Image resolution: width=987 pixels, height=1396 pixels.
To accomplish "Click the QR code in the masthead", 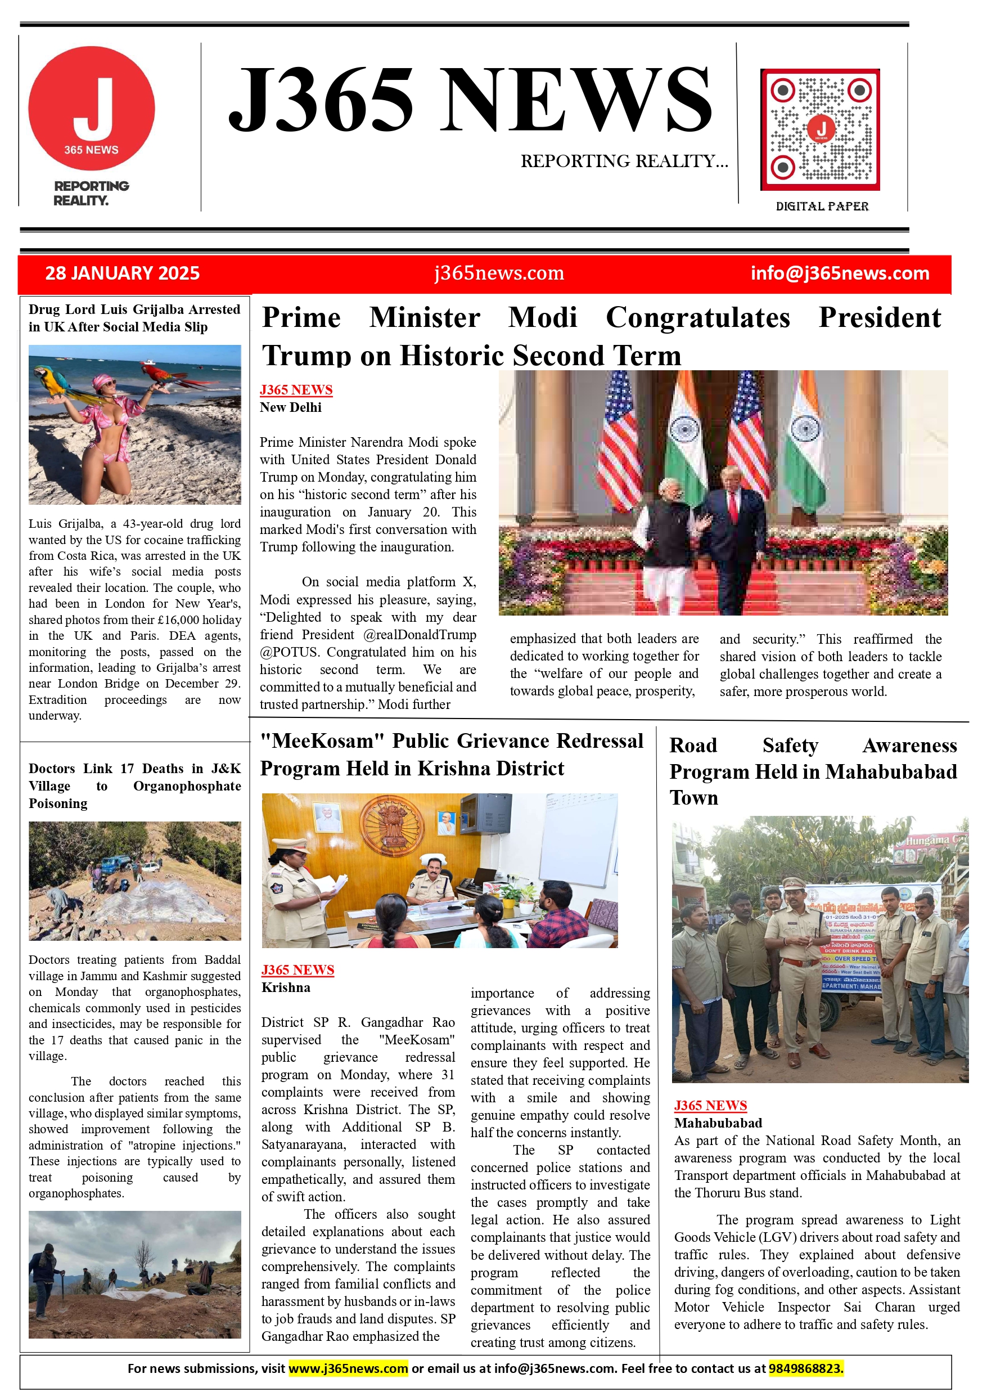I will click(820, 129).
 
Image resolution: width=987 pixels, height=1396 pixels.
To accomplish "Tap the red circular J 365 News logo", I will click(92, 108).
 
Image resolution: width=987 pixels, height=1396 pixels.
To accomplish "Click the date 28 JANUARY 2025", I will click(122, 273).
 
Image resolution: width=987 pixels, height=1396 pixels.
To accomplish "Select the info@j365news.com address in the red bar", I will click(839, 273).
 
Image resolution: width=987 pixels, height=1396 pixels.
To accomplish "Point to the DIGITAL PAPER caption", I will click(822, 206).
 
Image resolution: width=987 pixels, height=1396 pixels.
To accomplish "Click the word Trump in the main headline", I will click(307, 355).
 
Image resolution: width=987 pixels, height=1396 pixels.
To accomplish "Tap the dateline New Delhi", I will click(291, 407).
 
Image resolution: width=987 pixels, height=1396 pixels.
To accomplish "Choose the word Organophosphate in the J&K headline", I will click(187, 786).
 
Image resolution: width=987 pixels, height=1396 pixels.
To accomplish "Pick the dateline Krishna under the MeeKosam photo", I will click(286, 987).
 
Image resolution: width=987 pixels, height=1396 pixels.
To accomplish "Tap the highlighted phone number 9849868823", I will click(805, 1368).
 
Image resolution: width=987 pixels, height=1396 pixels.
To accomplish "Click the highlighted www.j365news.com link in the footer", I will click(348, 1368).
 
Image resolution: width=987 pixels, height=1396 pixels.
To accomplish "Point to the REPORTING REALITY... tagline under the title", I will click(624, 161).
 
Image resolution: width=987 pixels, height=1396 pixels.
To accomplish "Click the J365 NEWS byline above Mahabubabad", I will click(710, 1105).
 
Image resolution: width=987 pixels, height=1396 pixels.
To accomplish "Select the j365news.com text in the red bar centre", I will click(499, 273).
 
